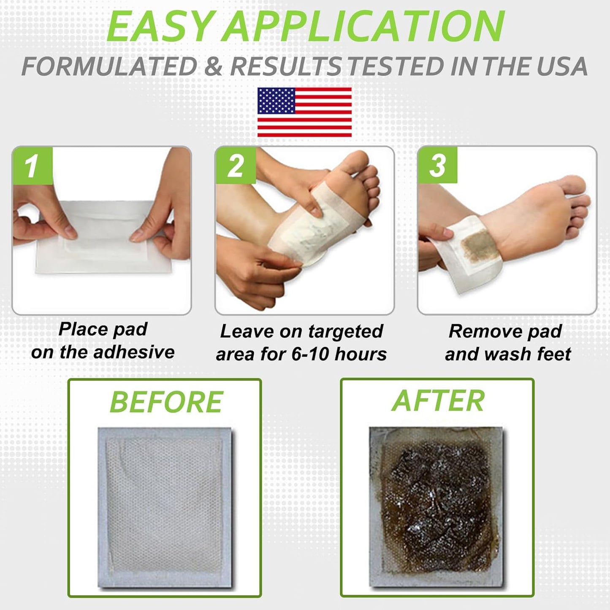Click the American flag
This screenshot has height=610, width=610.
pos(304,112)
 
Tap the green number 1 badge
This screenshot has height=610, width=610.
pos(32,165)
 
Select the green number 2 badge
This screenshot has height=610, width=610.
pos(235,165)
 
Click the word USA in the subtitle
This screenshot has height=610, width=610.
pos(561,66)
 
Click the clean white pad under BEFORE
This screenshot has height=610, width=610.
pos(165,507)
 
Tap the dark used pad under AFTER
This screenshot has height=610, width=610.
pos(437,507)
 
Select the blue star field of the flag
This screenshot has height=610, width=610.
pos(276,100)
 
